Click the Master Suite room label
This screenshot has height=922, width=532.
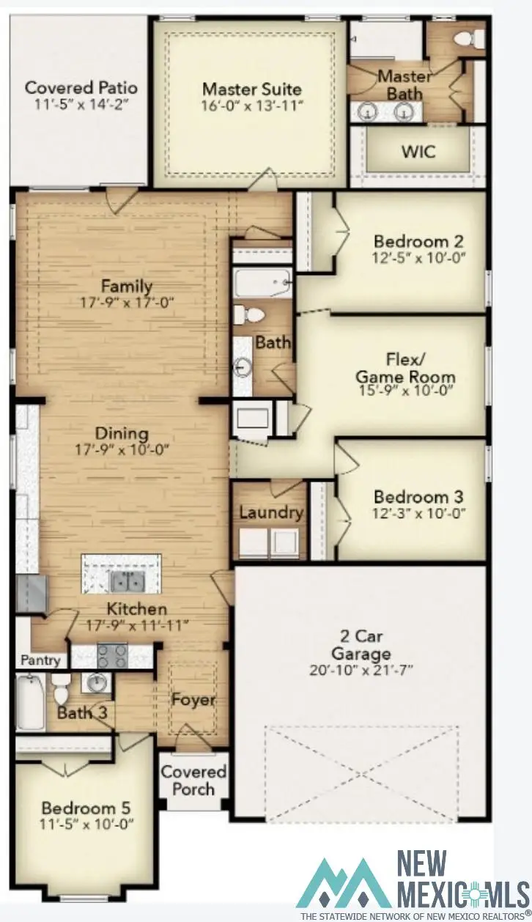click(251, 89)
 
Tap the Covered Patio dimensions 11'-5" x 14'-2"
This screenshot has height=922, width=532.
click(81, 105)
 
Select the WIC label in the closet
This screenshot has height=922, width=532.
click(418, 152)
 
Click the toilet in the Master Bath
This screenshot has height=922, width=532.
click(465, 37)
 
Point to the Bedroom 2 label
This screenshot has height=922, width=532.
click(418, 241)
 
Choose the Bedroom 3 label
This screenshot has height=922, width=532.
click(418, 496)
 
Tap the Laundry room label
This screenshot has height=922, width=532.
click(270, 512)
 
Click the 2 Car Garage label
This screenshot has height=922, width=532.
click(361, 646)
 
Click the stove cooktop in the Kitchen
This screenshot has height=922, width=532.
click(112, 653)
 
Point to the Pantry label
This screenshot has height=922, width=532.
click(40, 660)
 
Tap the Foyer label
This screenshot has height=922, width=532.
click(193, 699)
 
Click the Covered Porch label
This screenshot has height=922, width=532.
click(193, 780)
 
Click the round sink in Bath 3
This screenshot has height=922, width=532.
click(95, 684)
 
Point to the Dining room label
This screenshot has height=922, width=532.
click(122, 434)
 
